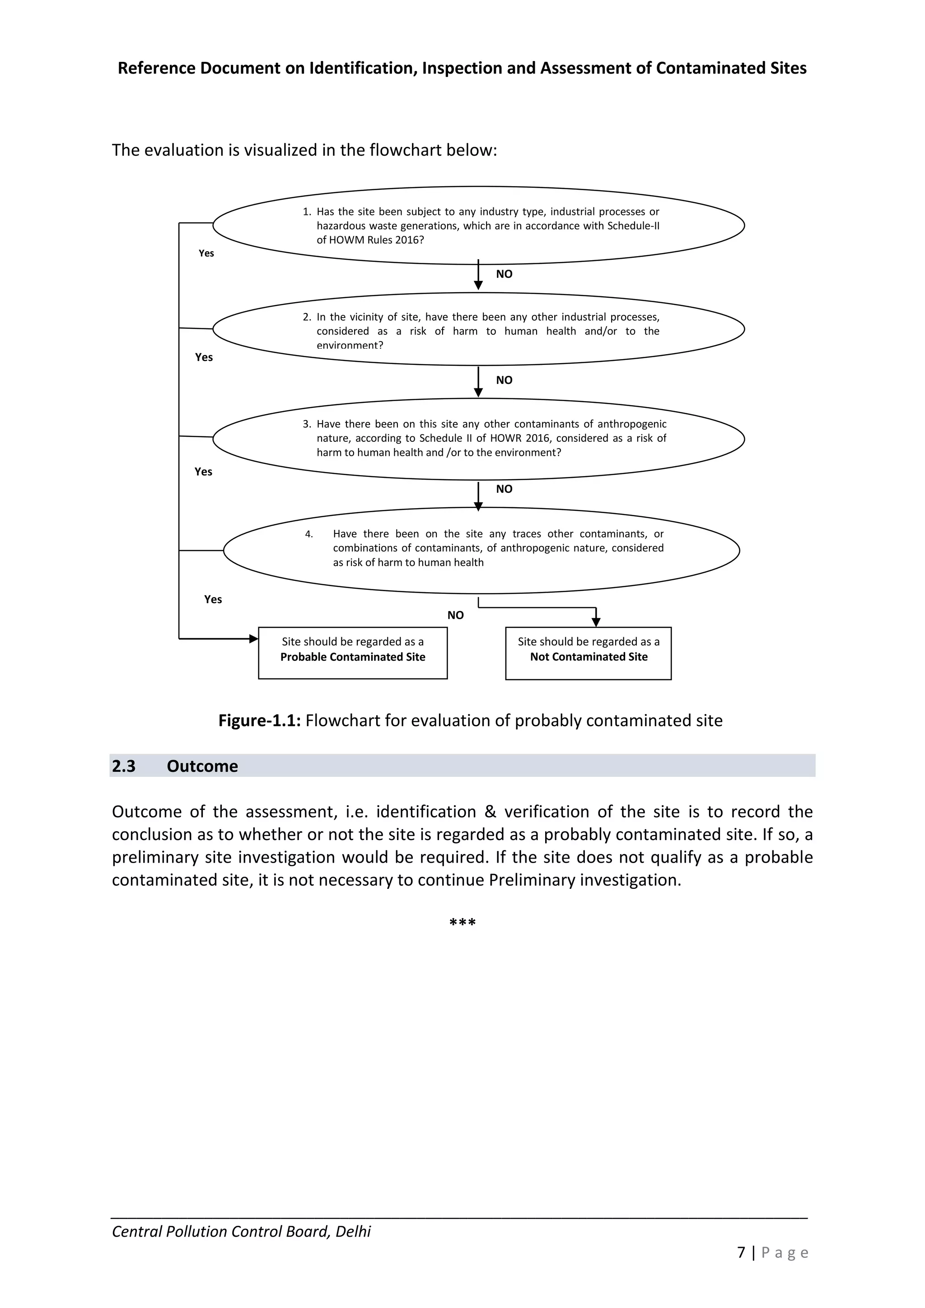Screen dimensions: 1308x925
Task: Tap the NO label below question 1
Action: click(504, 274)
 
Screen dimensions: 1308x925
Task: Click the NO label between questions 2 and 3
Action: click(504, 380)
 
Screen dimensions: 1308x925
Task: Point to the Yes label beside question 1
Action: click(206, 253)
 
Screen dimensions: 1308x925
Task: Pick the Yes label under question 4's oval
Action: click(213, 599)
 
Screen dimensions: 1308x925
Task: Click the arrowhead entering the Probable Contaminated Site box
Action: click(254, 639)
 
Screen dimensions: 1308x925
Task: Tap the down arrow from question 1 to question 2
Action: click(478, 277)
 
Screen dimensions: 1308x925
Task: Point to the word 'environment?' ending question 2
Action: click(350, 345)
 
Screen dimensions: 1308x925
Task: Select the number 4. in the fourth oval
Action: click(309, 534)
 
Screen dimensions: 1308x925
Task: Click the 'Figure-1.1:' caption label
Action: click(259, 721)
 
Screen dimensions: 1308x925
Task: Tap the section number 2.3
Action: click(124, 766)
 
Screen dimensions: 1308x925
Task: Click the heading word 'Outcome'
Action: click(202, 766)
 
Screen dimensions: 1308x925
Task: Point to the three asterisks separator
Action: click(462, 922)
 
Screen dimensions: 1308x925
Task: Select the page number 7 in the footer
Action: click(741, 1252)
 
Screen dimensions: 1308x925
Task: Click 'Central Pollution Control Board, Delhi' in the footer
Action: click(241, 1232)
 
